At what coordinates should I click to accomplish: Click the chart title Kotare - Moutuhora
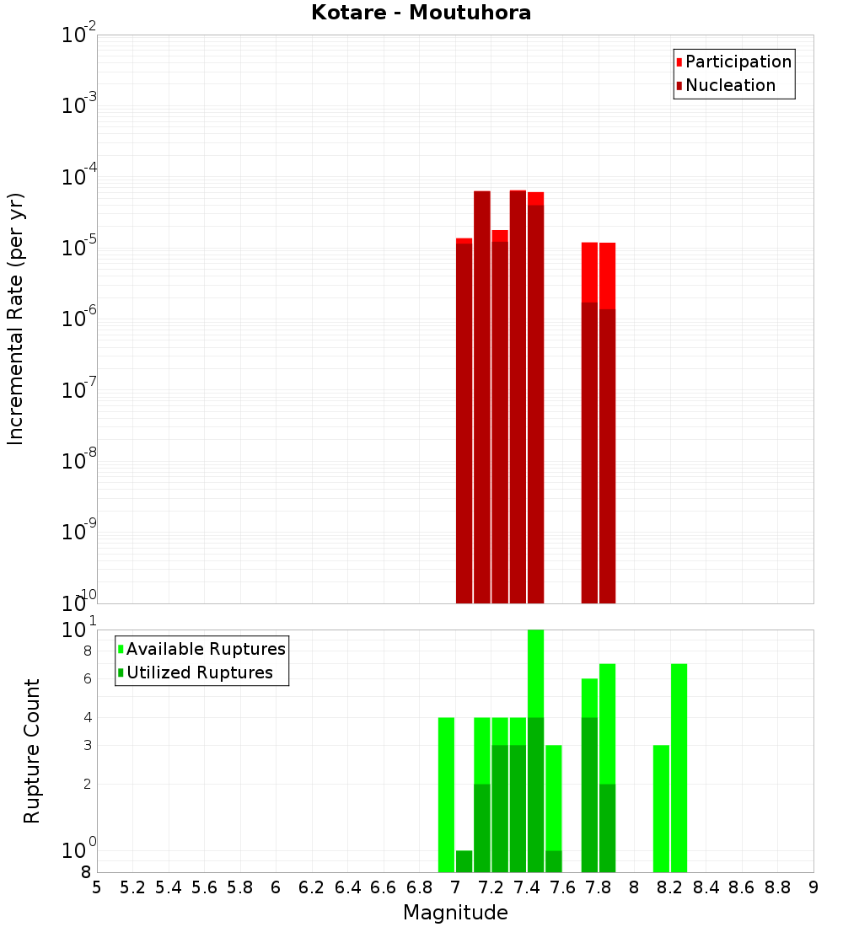[x=421, y=13]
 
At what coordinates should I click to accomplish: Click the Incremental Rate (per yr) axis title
[x=16, y=319]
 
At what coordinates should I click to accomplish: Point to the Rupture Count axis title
[x=32, y=751]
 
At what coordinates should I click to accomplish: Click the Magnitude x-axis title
[x=455, y=913]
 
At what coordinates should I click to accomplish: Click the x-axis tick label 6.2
[x=312, y=887]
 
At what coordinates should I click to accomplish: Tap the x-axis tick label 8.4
[x=706, y=887]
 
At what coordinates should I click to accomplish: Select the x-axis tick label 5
[x=97, y=887]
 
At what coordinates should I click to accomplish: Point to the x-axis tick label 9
[x=813, y=887]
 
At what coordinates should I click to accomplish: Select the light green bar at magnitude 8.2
[x=679, y=767]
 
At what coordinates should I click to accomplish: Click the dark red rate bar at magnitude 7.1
[x=481, y=396]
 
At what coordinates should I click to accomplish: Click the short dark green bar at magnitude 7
[x=464, y=861]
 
